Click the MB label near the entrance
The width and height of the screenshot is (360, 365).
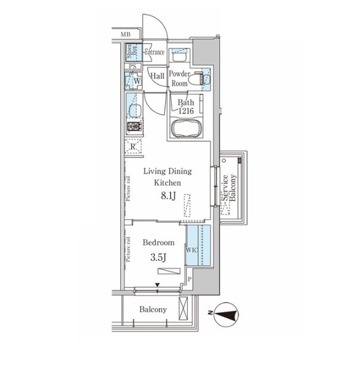[x=126, y=35]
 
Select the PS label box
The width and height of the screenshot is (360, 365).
[x=133, y=66]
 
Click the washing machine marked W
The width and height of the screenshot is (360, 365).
[x=133, y=81]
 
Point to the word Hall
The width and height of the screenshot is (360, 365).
[x=157, y=75]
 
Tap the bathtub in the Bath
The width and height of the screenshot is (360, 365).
[x=186, y=129]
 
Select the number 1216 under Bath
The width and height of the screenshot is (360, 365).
[x=186, y=111]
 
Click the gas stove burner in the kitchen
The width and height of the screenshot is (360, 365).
[x=135, y=127]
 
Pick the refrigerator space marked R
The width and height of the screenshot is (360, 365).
[x=133, y=146]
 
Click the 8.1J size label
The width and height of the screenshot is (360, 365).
[x=168, y=196]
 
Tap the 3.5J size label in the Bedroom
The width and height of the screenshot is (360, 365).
[x=158, y=257]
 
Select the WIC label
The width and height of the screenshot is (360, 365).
[x=192, y=250]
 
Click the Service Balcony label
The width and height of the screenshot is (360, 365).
[x=229, y=188]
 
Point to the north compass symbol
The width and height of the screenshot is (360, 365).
[x=226, y=314]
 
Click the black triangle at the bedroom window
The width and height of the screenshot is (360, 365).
[x=157, y=285]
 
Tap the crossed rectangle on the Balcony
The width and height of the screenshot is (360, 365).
[x=184, y=308]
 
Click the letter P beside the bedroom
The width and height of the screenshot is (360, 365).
[x=190, y=279]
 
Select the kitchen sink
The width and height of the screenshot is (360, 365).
[x=135, y=106]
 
